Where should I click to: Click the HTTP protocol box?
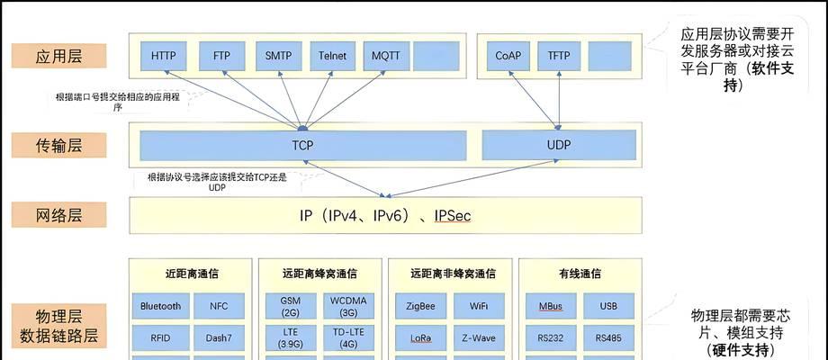(164, 56)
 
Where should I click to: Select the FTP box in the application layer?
(221, 56)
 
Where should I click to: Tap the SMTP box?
(278, 56)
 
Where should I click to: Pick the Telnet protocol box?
(332, 56)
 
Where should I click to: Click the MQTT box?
(386, 56)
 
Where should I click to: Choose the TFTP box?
(559, 56)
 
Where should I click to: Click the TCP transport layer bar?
(303, 144)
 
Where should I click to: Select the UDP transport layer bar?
(559, 144)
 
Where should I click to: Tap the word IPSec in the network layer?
(452, 216)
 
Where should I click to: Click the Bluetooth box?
(161, 306)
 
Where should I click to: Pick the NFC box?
(220, 306)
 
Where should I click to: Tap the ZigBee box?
(421, 306)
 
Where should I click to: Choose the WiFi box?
(480, 306)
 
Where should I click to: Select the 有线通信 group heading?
(580, 274)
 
